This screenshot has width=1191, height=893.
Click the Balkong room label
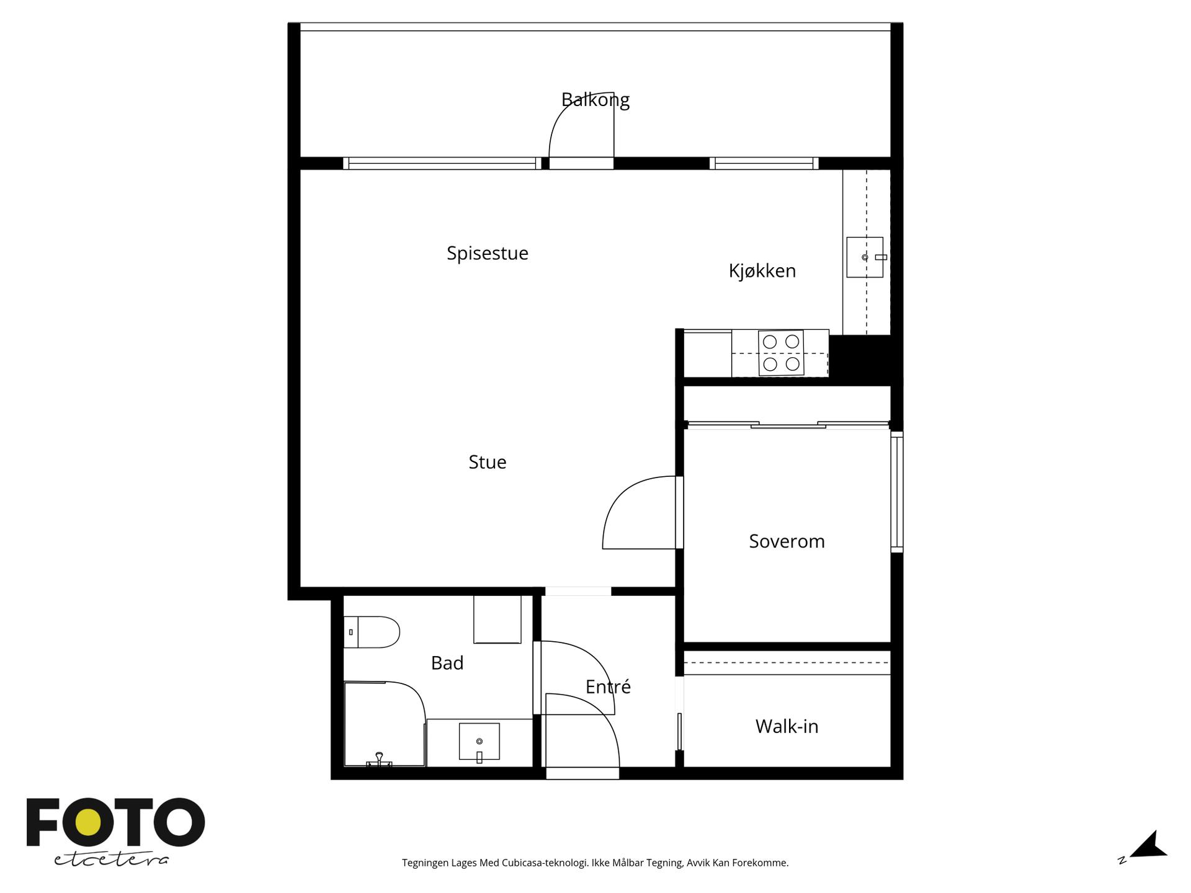595,100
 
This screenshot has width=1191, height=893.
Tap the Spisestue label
488,254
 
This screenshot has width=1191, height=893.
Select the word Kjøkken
762,270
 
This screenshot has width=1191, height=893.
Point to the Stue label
488,462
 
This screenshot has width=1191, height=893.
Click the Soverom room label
787,541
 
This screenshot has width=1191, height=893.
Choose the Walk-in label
787,726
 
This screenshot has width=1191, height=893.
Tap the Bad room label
447,663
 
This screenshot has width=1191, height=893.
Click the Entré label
608,686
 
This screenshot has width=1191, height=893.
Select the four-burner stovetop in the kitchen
781,353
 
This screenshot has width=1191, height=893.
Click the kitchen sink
865,257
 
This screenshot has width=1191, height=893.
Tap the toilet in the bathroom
372,632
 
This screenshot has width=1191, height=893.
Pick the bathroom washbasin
479,742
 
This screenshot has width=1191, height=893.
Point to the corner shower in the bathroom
385,724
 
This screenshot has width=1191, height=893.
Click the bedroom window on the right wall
897,491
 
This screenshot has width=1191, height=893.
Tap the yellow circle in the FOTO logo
87,823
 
